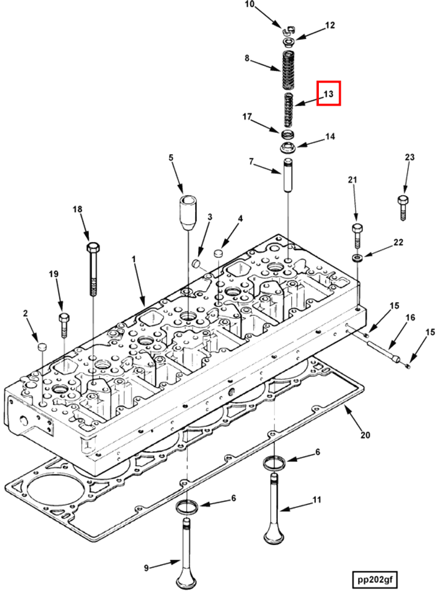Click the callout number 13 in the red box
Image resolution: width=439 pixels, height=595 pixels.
click(x=328, y=94)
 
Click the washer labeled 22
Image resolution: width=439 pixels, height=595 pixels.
click(x=358, y=256)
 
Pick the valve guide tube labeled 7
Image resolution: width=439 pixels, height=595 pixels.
click(x=287, y=178)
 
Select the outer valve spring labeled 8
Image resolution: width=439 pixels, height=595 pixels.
click(x=287, y=69)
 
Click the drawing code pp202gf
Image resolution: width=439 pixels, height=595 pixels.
click(x=376, y=579)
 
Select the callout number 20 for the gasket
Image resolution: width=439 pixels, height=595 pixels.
click(x=365, y=435)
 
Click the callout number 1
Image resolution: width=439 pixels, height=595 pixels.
click(x=133, y=261)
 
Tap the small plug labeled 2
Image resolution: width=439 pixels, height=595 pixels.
click(x=41, y=347)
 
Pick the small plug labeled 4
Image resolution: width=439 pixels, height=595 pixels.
click(x=218, y=253)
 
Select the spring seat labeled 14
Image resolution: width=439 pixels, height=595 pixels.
click(x=288, y=148)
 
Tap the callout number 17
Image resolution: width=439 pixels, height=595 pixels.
click(x=247, y=117)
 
